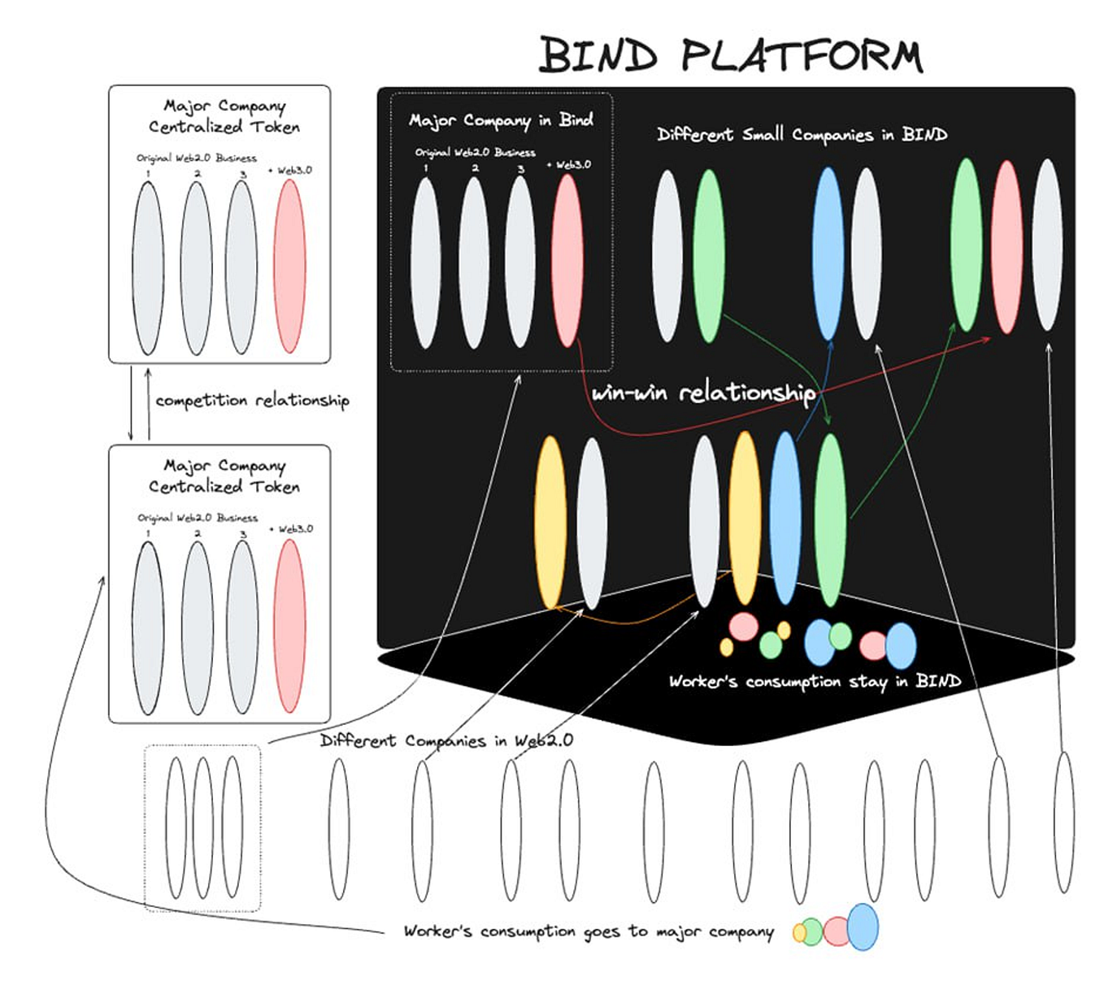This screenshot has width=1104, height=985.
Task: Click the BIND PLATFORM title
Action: click(x=730, y=55)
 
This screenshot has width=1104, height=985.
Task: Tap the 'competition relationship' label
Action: click(x=252, y=401)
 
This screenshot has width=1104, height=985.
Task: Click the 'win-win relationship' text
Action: click(x=703, y=393)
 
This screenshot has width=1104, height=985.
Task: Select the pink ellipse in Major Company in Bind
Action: click(x=567, y=260)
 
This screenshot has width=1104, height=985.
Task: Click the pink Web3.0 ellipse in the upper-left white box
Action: click(x=289, y=266)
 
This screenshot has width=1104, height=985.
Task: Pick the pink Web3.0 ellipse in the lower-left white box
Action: click(x=289, y=626)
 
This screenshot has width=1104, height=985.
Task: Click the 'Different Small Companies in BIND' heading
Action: click(x=802, y=134)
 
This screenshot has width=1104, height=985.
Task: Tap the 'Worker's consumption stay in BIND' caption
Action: click(x=815, y=681)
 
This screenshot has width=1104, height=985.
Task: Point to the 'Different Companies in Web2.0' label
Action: click(x=446, y=740)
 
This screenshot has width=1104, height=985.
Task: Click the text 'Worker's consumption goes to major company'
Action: click(x=588, y=931)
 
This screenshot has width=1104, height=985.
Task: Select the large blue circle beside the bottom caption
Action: click(x=863, y=926)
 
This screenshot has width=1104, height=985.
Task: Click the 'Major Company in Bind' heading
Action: click(x=501, y=120)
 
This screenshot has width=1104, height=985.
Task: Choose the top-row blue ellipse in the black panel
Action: click(x=828, y=254)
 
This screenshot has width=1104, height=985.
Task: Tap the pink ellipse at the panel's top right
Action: click(x=1006, y=247)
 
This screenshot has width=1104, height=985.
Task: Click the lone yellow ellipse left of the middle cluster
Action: click(x=550, y=522)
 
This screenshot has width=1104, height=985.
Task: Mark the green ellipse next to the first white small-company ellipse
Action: click(x=709, y=255)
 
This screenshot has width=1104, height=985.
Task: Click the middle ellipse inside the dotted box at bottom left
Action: click(x=202, y=827)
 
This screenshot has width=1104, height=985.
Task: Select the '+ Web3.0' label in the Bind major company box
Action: click(x=569, y=164)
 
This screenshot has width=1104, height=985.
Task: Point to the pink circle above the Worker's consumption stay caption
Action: click(x=743, y=627)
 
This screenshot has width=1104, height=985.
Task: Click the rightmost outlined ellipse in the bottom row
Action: click(x=1063, y=822)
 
